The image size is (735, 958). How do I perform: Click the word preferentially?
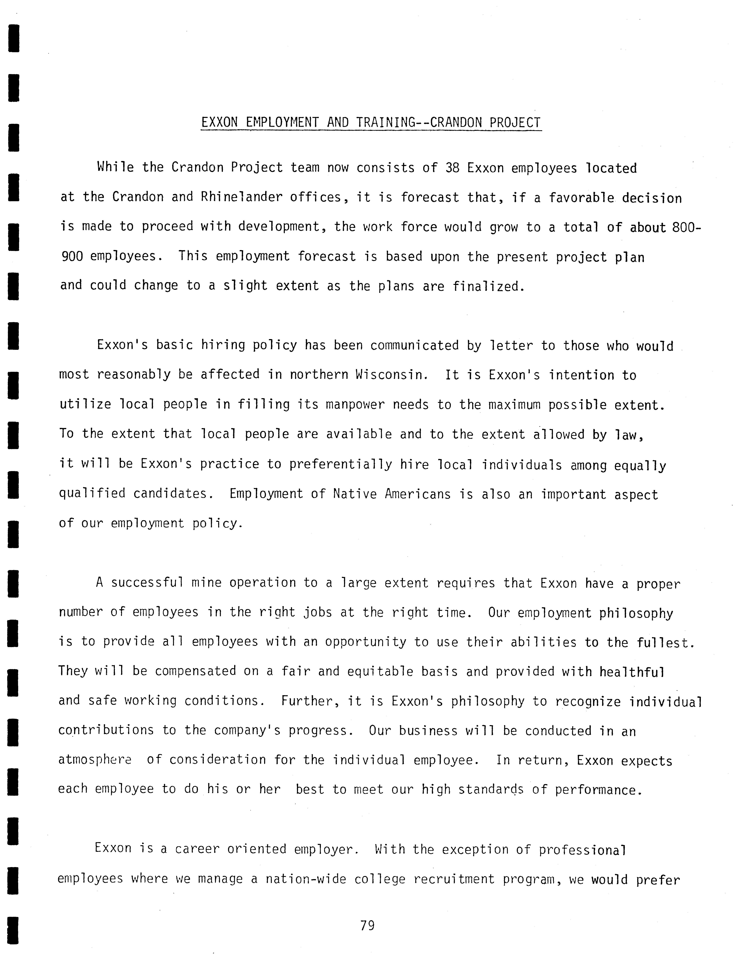(340, 464)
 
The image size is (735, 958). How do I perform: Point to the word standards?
(491, 790)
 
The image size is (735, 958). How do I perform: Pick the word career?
(197, 849)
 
